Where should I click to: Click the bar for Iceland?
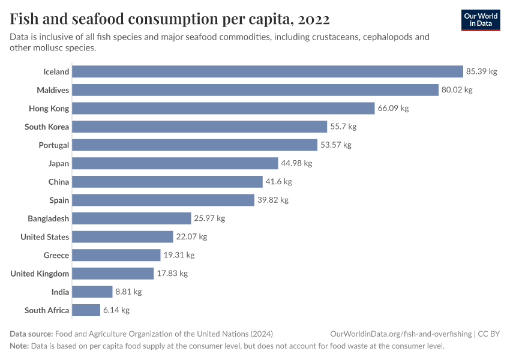268,71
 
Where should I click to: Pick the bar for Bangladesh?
131,218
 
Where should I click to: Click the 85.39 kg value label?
482,71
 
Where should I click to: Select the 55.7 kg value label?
343,127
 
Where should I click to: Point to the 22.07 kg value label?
191,237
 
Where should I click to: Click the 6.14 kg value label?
116,310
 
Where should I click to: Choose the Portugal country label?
54,145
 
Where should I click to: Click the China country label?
59,182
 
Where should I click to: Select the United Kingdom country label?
40,274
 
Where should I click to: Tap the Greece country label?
56,256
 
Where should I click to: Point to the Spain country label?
59,200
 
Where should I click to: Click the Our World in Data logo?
481,20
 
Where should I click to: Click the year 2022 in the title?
313,20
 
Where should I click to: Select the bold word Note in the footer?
19,346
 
